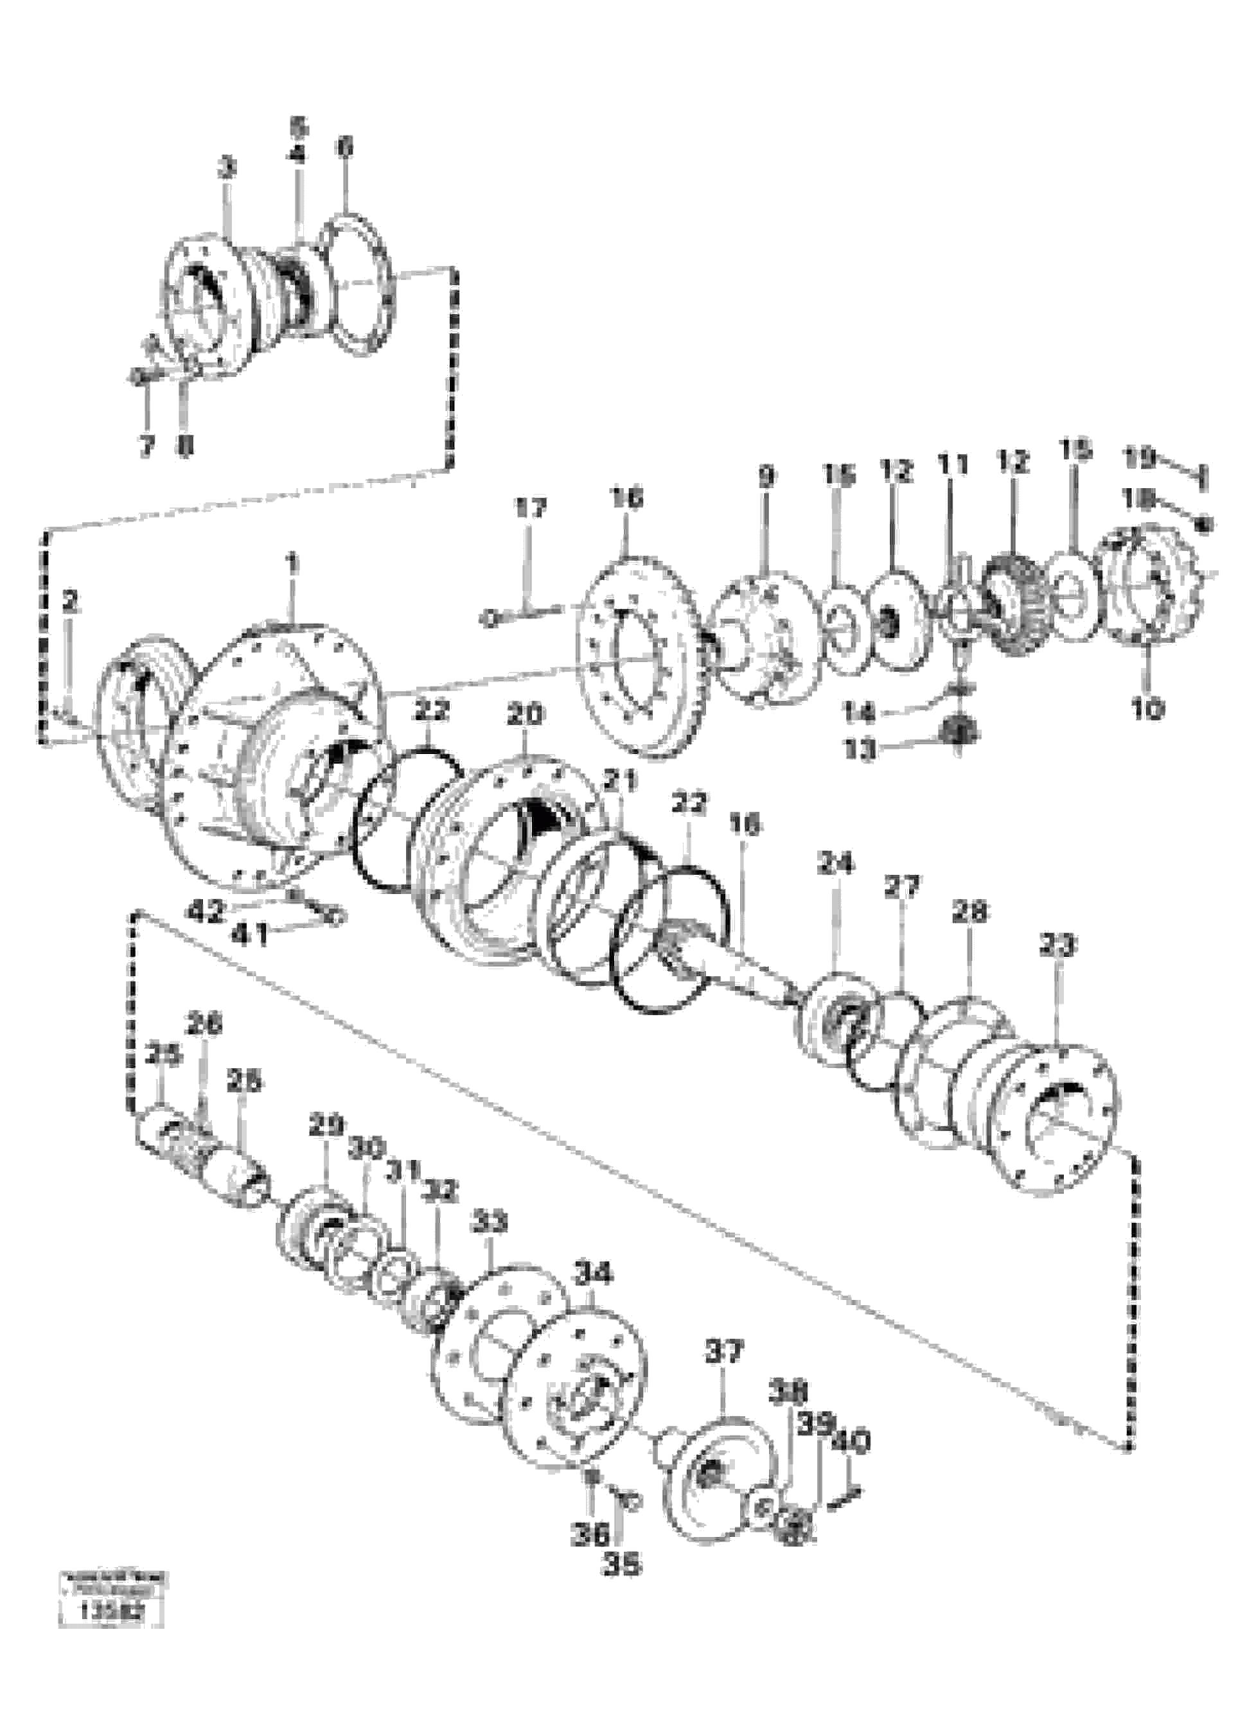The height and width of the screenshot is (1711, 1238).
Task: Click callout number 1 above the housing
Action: (293, 562)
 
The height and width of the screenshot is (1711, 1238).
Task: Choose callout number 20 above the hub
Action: (525, 714)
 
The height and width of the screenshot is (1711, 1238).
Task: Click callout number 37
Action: (724, 1351)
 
